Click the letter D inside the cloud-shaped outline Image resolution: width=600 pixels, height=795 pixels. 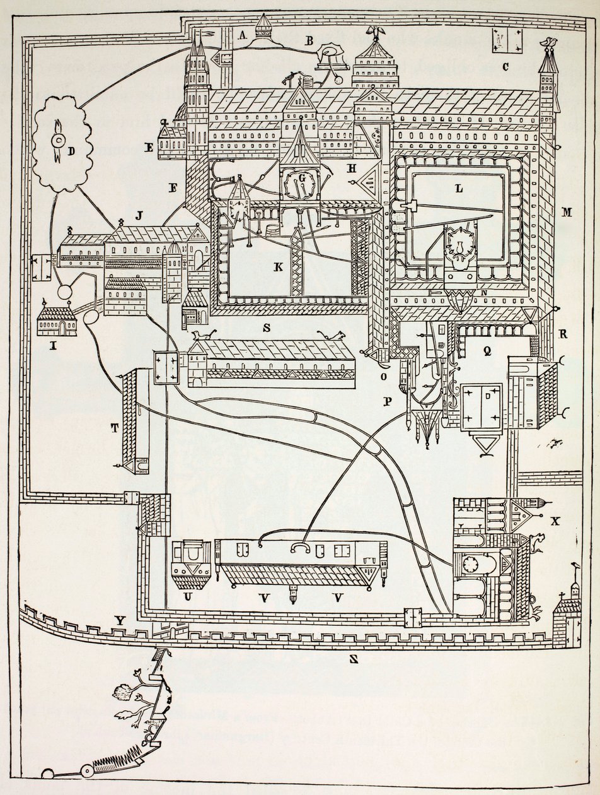pyautogui.click(x=71, y=151)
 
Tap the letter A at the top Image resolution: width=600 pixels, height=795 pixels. pyautogui.click(x=241, y=36)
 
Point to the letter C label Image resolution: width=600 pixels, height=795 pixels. pyautogui.click(x=505, y=66)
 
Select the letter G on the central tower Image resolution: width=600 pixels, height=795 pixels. pyautogui.click(x=302, y=179)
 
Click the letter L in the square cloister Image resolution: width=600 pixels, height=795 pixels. pyautogui.click(x=458, y=188)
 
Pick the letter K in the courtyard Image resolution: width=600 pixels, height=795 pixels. pyautogui.click(x=277, y=267)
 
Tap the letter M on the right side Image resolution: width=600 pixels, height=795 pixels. pyautogui.click(x=567, y=212)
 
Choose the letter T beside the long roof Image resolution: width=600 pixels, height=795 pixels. pyautogui.click(x=114, y=428)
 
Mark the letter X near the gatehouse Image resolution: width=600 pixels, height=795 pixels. pyautogui.click(x=555, y=521)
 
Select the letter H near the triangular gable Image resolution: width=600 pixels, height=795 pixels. pyautogui.click(x=351, y=168)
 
